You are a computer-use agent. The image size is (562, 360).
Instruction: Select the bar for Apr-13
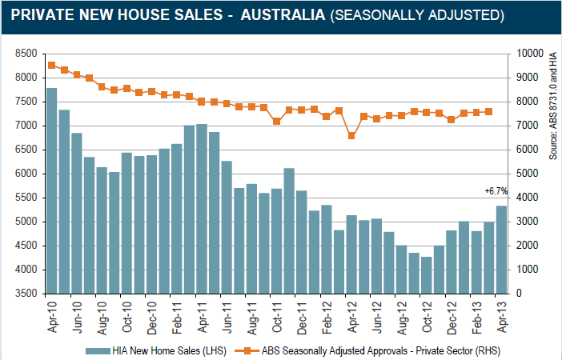click(501, 250)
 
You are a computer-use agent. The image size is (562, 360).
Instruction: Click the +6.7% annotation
click(496, 190)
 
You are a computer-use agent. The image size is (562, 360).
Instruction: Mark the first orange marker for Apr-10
click(51, 65)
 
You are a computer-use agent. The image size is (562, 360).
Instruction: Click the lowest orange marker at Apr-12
click(351, 136)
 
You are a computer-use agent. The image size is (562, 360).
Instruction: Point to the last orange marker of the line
click(489, 111)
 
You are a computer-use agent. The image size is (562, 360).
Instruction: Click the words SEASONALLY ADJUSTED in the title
click(416, 15)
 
